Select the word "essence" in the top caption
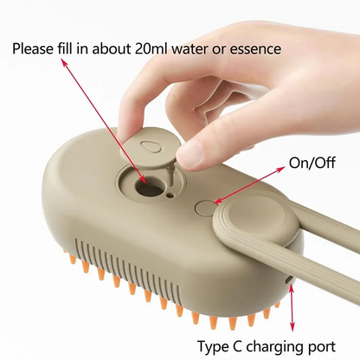click(x=252, y=48)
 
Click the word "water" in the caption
click(x=202, y=48)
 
